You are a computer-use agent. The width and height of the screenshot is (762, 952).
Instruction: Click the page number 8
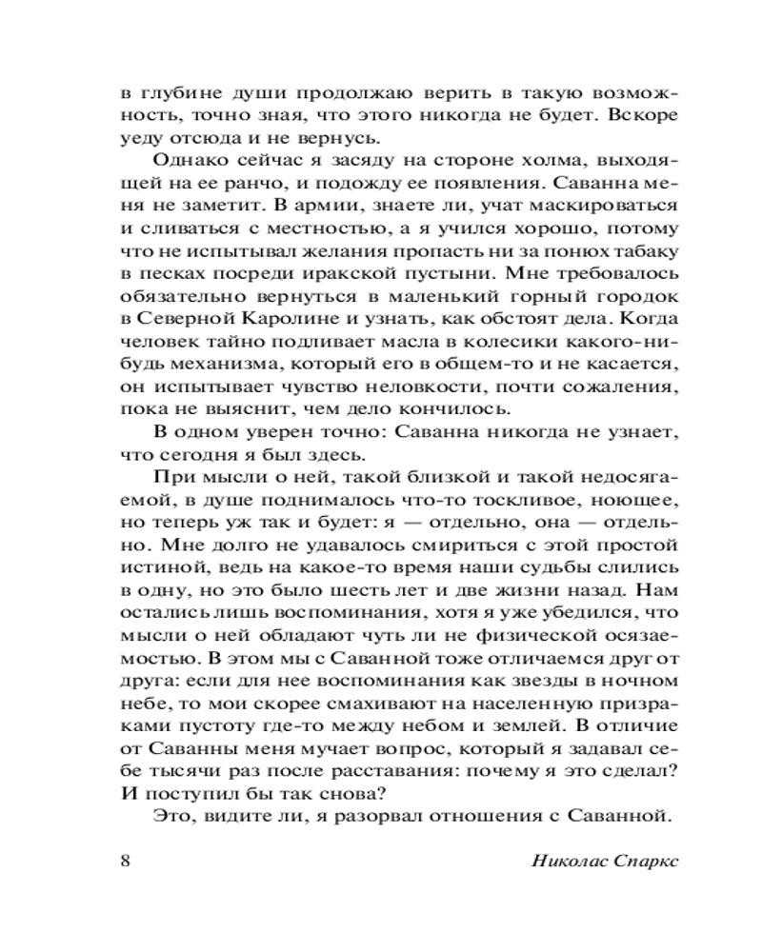click(x=128, y=862)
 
